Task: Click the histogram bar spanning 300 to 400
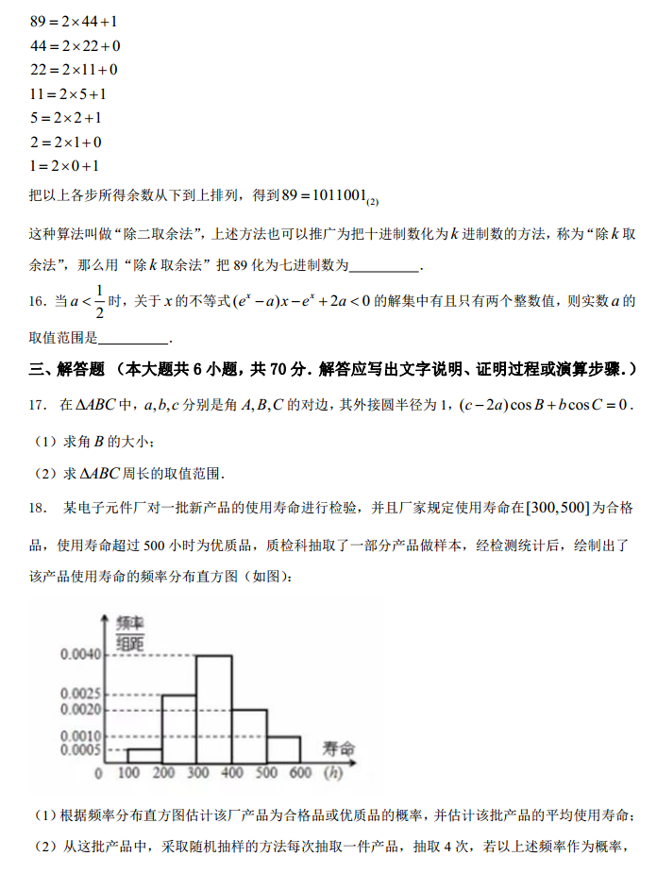(x=213, y=708)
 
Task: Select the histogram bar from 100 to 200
(x=144, y=755)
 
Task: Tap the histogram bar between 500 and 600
(x=283, y=749)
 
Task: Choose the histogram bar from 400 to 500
(x=249, y=735)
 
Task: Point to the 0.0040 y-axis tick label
(x=79, y=654)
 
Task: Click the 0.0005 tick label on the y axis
(x=79, y=750)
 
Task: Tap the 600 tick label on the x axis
(x=301, y=774)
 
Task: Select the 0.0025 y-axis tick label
(x=79, y=695)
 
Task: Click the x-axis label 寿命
(x=339, y=748)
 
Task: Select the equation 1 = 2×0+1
(x=65, y=166)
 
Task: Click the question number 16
(x=37, y=302)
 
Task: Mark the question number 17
(x=37, y=405)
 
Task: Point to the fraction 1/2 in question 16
(x=99, y=302)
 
